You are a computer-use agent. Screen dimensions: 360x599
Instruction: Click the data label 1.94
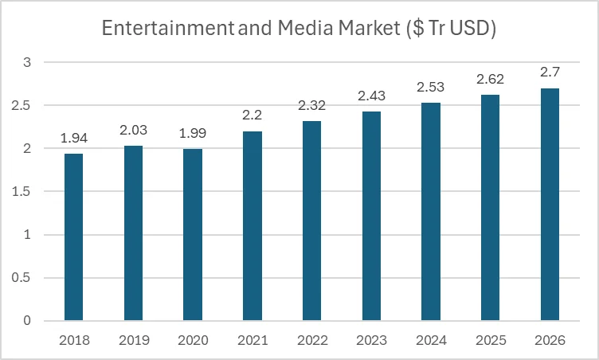tap(73, 139)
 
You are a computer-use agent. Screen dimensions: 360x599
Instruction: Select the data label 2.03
tap(133, 131)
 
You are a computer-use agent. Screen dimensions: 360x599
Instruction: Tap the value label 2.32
tap(311, 106)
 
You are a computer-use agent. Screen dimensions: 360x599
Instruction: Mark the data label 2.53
tap(431, 88)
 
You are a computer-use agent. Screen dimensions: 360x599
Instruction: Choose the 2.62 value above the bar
tap(490, 80)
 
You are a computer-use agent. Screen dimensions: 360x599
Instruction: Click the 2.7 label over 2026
tap(550, 72)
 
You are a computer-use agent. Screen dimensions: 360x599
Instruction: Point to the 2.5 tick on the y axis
tap(27, 105)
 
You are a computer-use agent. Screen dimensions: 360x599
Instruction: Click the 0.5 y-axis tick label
tap(27, 278)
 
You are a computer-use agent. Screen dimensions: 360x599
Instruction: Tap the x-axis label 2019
tap(133, 340)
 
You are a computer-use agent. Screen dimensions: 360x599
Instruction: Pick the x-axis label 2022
tap(311, 340)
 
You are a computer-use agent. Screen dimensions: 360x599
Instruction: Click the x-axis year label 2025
tap(490, 340)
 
